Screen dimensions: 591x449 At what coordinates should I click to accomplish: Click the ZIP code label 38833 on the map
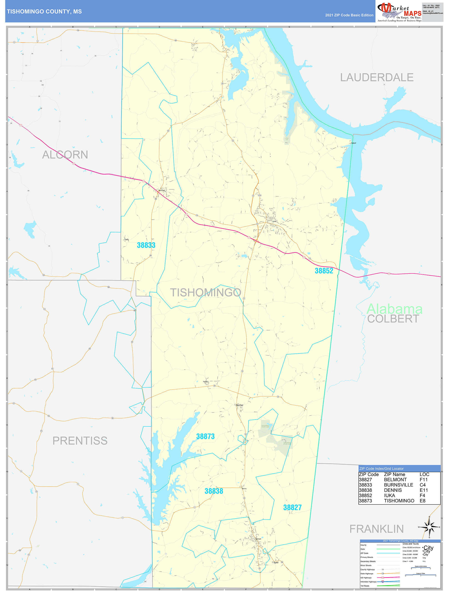146,245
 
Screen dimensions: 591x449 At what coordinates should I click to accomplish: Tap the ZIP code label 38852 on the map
324,271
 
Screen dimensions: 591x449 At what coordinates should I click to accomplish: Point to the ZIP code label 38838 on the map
214,491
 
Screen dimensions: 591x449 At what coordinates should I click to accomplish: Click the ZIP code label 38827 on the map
292,508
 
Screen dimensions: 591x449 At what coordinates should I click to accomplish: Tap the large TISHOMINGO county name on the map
206,293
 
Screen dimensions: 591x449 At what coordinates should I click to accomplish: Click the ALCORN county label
65,155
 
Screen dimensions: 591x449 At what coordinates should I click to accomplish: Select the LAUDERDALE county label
376,78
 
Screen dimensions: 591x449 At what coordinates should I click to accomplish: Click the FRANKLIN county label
376,529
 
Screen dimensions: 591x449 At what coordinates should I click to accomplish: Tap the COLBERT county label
393,319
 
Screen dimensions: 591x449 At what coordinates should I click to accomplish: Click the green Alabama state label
394,309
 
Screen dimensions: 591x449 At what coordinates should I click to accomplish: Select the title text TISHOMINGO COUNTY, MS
44,12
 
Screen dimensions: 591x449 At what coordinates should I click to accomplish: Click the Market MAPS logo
399,12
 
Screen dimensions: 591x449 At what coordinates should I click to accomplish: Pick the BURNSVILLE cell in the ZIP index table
399,485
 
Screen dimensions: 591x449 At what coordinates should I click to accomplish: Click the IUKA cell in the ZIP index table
389,495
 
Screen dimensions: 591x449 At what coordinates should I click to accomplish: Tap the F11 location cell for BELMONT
424,480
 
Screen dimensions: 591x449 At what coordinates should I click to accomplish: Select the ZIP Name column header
394,475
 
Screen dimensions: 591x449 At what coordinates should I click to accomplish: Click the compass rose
429,527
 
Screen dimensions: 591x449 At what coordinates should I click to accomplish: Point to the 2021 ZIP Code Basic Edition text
349,15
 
